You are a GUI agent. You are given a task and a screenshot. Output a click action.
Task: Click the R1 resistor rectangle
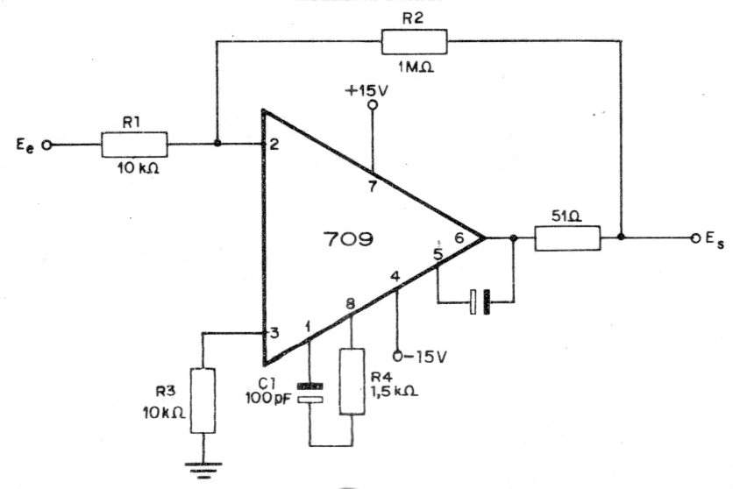pos(134,145)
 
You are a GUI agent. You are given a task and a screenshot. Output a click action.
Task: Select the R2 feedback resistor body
pos(414,41)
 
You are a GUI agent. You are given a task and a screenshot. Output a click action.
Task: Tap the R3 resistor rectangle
pos(203,400)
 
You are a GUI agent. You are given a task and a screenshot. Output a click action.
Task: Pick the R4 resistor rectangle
pos(352,381)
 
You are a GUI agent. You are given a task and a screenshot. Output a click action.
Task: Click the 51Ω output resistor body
pos(567,238)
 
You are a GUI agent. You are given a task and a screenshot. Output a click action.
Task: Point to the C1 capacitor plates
pos(310,393)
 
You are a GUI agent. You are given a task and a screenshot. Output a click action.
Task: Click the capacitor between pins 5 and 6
pos(480,302)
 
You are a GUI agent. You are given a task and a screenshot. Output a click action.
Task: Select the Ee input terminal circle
pos(46,145)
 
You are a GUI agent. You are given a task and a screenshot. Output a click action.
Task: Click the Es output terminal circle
pos(696,238)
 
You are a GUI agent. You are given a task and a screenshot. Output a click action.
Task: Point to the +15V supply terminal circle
pos(373,105)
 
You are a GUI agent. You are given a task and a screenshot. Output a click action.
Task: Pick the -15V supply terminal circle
pos(398,357)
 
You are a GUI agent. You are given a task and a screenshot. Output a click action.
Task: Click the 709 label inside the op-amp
pos(348,239)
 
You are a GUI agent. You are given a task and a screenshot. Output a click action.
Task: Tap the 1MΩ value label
pos(416,67)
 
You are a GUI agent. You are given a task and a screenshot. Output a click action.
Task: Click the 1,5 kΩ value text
pos(394,391)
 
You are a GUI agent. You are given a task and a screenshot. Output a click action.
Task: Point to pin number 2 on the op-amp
pos(274,145)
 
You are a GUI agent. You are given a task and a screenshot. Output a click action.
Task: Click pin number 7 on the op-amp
pos(373,187)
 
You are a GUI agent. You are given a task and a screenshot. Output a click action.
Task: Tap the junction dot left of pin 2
pos(217,143)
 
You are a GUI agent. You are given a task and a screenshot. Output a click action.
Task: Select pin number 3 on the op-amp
pos(275,333)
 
